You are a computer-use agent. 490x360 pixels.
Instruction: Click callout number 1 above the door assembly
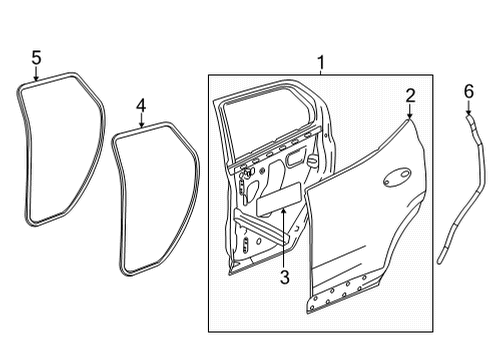(x=320, y=63)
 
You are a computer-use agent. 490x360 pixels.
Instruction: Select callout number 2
(x=410, y=96)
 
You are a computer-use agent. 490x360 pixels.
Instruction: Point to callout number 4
(x=141, y=104)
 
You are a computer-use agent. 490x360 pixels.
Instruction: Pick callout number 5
(x=36, y=58)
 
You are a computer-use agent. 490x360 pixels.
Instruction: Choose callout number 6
(x=467, y=92)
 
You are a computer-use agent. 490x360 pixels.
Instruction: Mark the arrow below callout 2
(x=410, y=114)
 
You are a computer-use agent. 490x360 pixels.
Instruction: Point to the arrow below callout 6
(x=467, y=110)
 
